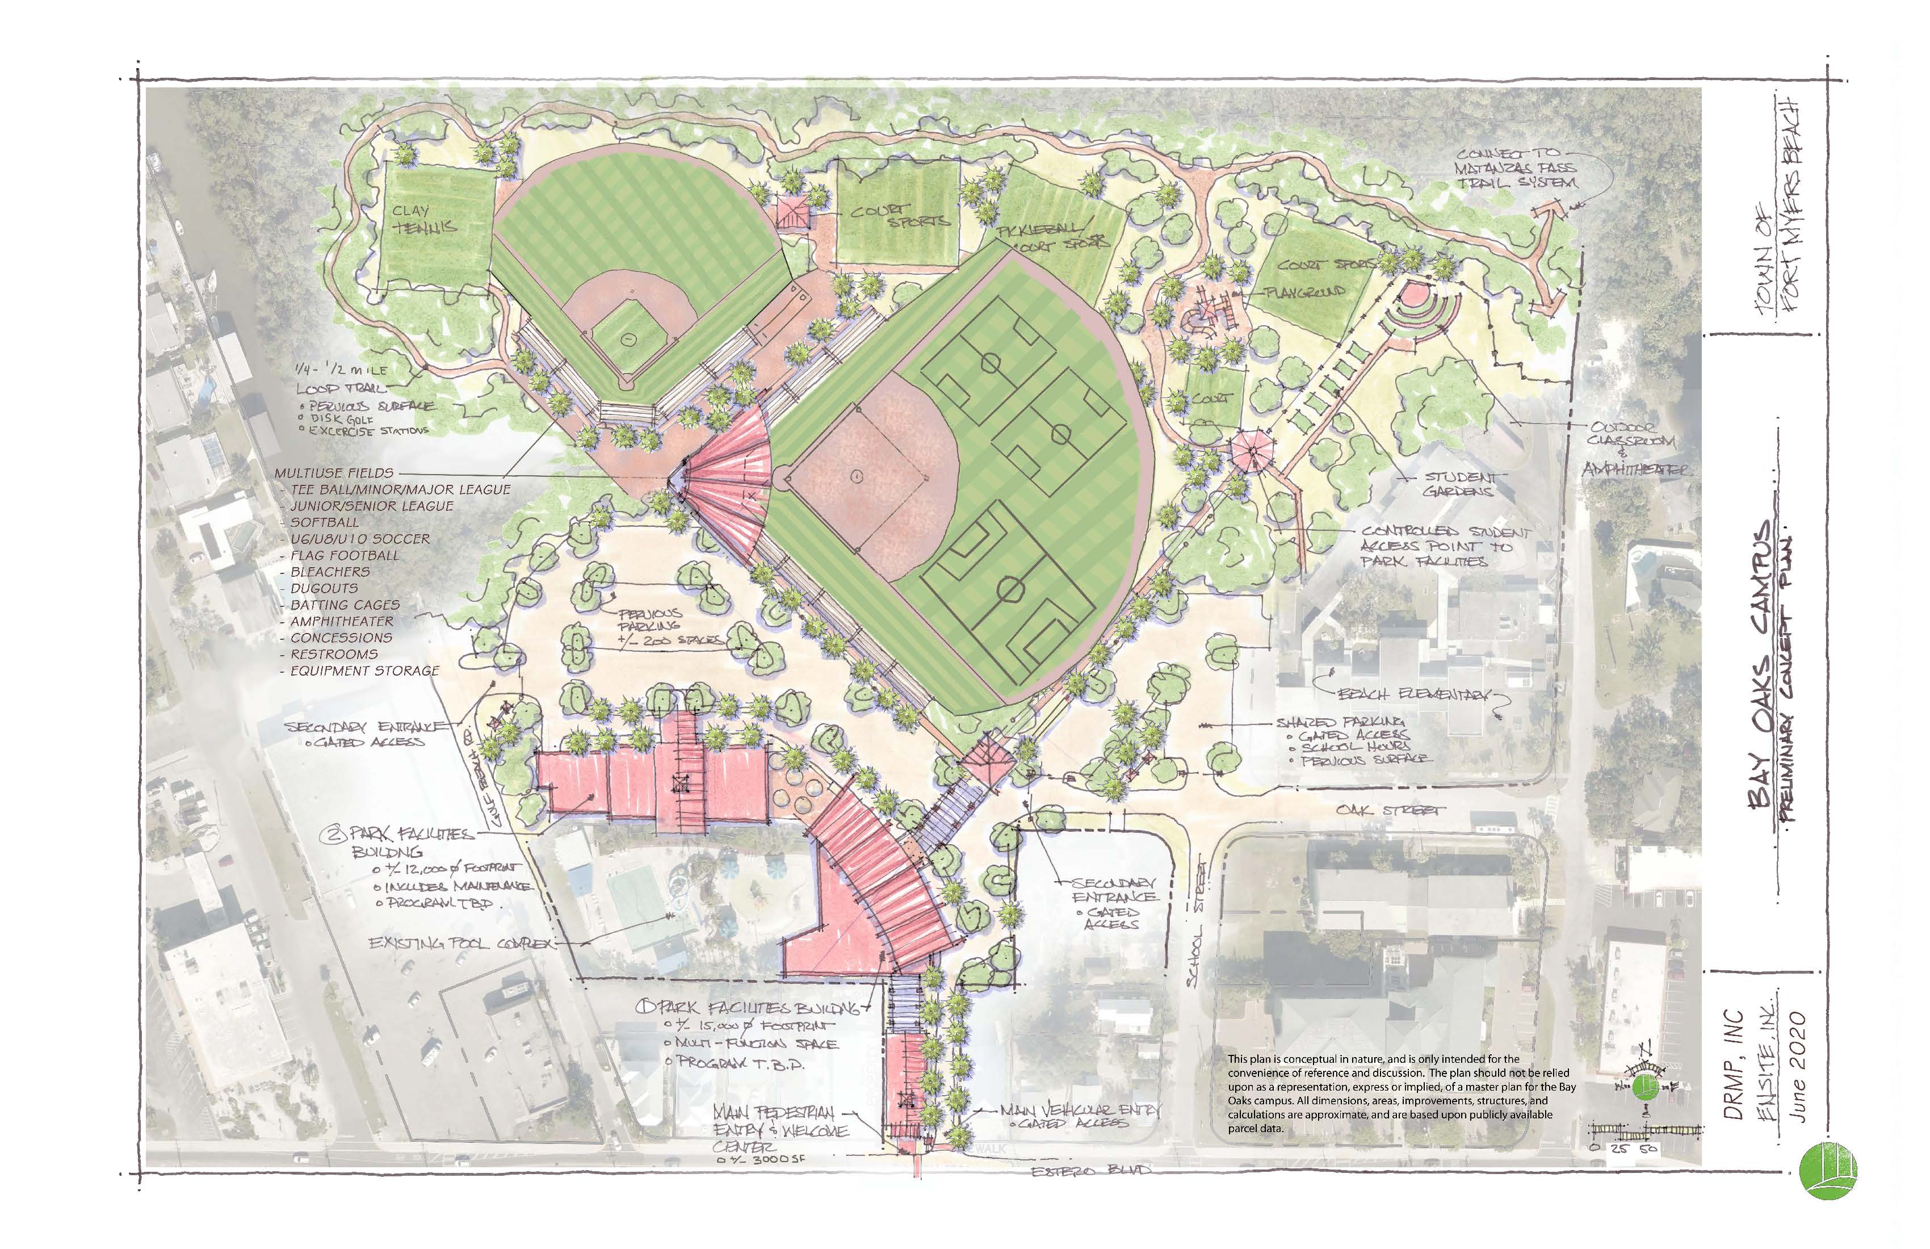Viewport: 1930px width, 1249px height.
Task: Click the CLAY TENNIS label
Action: (x=423, y=219)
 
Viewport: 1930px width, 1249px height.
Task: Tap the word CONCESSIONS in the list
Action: (x=341, y=638)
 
